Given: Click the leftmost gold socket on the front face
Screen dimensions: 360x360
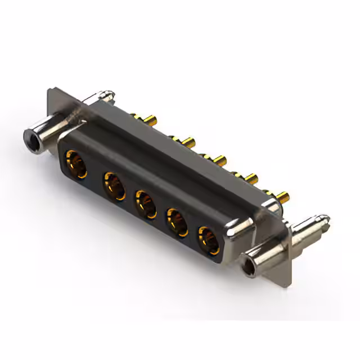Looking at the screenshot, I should click(75, 164).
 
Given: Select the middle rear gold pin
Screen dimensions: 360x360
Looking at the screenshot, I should click(216, 157).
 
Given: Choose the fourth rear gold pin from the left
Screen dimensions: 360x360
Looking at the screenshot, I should click(247, 177).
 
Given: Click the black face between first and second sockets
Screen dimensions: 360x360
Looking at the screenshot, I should click(94, 171).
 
